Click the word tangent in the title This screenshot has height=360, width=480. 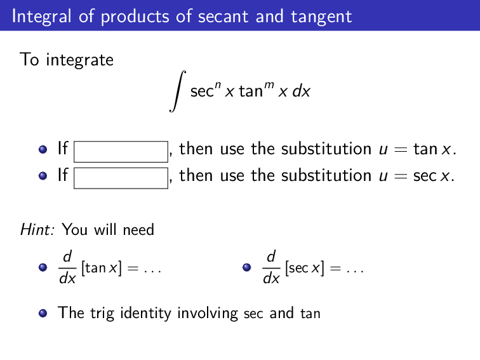pos(321,16)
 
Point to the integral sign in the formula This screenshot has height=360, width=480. pos(178,91)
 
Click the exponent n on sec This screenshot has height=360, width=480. pos(217,84)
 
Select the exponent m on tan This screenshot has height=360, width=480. pos(267,84)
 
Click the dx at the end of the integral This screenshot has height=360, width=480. pos(302,91)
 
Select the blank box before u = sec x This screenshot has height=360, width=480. pos(121,178)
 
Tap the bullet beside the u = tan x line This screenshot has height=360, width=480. pos(43,150)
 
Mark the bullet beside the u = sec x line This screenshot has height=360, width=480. pos(43,176)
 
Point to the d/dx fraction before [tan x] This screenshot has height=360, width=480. pos(67,268)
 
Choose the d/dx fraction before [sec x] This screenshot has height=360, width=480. pos(271,268)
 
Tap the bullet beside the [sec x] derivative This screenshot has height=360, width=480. pos(247,268)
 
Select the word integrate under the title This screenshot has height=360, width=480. pos(79,60)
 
